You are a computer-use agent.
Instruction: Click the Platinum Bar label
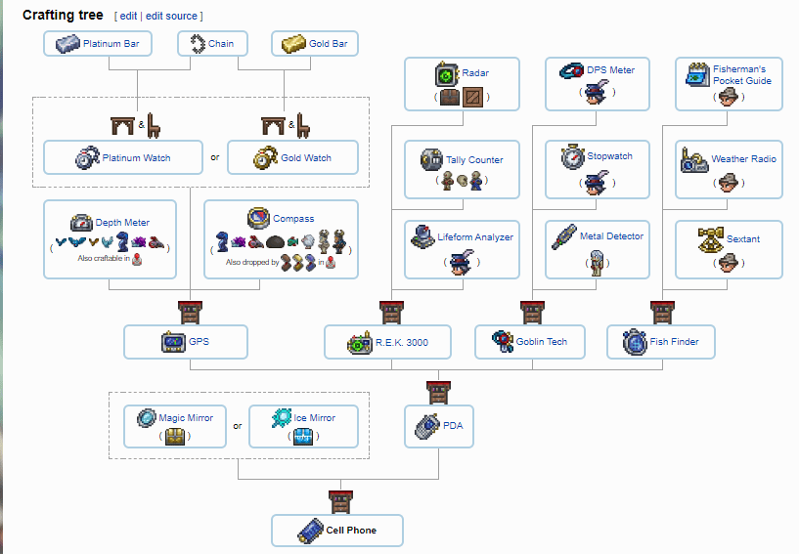111,44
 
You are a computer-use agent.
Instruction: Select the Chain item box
212,44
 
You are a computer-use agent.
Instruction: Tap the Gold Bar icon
293,44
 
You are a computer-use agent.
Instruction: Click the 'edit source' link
172,17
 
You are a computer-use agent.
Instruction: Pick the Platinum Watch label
136,158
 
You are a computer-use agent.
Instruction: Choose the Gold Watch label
305,158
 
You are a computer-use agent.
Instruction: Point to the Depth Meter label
122,223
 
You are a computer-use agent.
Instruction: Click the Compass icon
259,217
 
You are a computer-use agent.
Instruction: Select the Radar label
476,73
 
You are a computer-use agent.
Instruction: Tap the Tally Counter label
474,159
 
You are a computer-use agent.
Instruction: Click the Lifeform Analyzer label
475,237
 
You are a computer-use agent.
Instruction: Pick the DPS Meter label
610,70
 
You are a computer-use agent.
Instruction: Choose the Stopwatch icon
571,156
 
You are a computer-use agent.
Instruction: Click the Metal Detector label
611,236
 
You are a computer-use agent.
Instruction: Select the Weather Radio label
743,159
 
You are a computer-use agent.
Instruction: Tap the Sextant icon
710,238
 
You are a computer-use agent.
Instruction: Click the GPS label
200,342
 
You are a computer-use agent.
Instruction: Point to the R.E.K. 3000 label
402,343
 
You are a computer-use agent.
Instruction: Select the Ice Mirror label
315,418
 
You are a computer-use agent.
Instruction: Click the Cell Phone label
351,531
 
